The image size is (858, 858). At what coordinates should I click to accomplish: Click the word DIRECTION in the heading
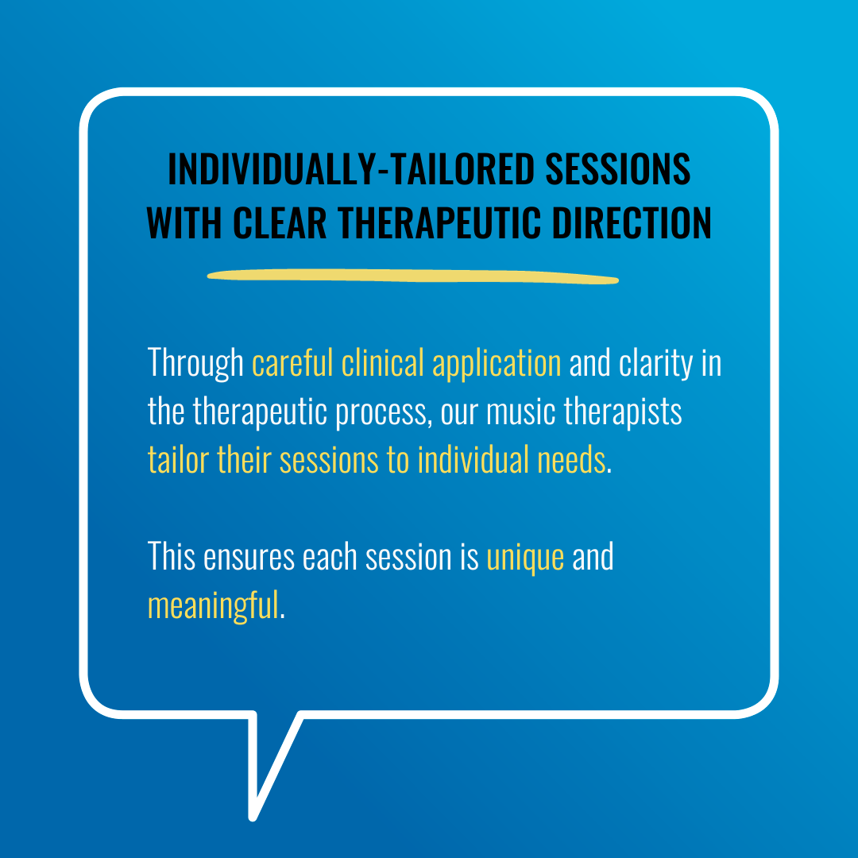click(632, 223)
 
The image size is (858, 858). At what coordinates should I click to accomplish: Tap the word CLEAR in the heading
click(280, 223)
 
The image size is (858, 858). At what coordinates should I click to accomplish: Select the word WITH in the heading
click(184, 223)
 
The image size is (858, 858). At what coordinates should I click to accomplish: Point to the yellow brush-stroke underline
click(413, 276)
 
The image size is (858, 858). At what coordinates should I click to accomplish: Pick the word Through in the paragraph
click(195, 363)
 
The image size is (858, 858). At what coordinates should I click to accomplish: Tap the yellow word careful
click(292, 362)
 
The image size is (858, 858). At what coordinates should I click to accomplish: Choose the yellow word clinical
click(382, 362)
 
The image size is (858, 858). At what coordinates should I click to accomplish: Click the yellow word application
click(497, 363)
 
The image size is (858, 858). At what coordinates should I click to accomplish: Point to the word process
click(381, 412)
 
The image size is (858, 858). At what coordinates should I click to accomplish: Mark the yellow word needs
click(571, 460)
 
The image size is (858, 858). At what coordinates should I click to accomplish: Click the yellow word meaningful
click(214, 606)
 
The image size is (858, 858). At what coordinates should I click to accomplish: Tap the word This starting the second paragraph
click(172, 556)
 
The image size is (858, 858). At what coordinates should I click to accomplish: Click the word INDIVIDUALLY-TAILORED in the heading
click(351, 169)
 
